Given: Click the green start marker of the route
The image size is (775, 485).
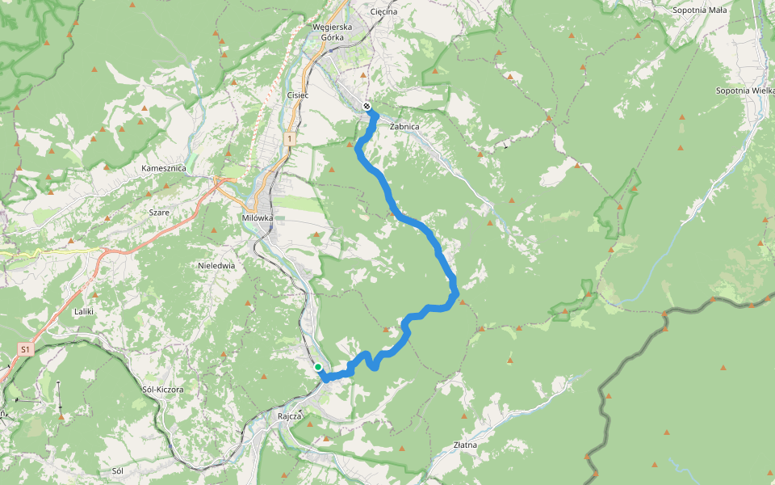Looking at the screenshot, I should pyautogui.click(x=318, y=367).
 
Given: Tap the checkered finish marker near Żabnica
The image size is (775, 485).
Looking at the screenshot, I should pyautogui.click(x=367, y=106).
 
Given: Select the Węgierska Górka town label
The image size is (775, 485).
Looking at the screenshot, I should pyautogui.click(x=332, y=32).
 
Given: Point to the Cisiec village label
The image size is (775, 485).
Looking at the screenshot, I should pyautogui.click(x=298, y=95).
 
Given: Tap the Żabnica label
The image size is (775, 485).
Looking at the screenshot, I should pyautogui.click(x=404, y=127).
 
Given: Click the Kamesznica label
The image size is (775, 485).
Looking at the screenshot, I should pyautogui.click(x=164, y=168).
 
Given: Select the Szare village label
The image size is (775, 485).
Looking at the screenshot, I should pyautogui.click(x=158, y=211).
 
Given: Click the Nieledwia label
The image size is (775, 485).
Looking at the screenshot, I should pyautogui.click(x=216, y=264).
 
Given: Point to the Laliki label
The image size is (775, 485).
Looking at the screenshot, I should pyautogui.click(x=85, y=310).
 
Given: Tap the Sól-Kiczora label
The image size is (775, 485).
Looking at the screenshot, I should pyautogui.click(x=162, y=389).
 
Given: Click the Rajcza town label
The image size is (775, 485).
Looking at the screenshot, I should pyautogui.click(x=289, y=417).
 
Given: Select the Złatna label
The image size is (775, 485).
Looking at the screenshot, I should pyautogui.click(x=465, y=445).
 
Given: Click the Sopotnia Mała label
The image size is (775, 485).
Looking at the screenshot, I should pyautogui.click(x=699, y=11).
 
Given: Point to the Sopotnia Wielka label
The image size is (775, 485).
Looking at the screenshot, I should pyautogui.click(x=744, y=91).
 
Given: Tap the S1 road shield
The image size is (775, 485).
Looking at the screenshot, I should pyautogui.click(x=26, y=349).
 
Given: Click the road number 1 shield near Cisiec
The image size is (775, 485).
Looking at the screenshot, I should pyautogui.click(x=288, y=140).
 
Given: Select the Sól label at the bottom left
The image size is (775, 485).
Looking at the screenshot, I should pyautogui.click(x=118, y=470).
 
